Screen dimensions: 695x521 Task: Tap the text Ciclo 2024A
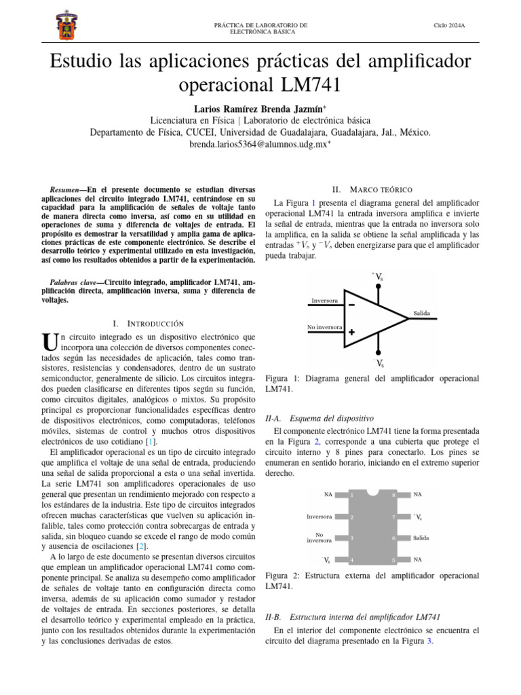(449, 25)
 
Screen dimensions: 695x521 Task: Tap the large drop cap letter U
(47, 341)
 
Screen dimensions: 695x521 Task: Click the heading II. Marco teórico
(372, 189)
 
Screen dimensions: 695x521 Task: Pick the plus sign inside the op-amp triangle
(351, 332)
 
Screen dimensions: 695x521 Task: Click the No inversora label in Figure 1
(324, 327)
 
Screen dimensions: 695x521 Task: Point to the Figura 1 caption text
(372, 383)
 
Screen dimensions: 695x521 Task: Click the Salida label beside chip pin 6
(421, 538)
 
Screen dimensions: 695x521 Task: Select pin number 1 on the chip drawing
(351, 495)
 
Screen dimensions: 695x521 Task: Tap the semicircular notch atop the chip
(372, 492)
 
